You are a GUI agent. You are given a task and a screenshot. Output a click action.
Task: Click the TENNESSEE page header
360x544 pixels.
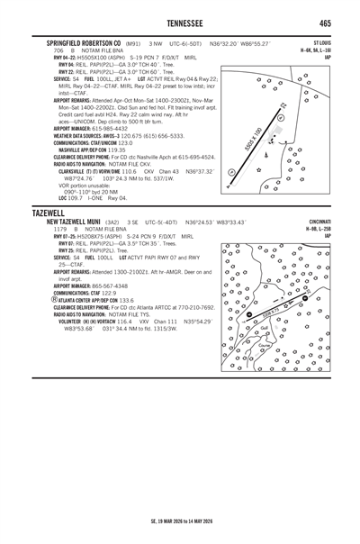[x=180, y=23]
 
